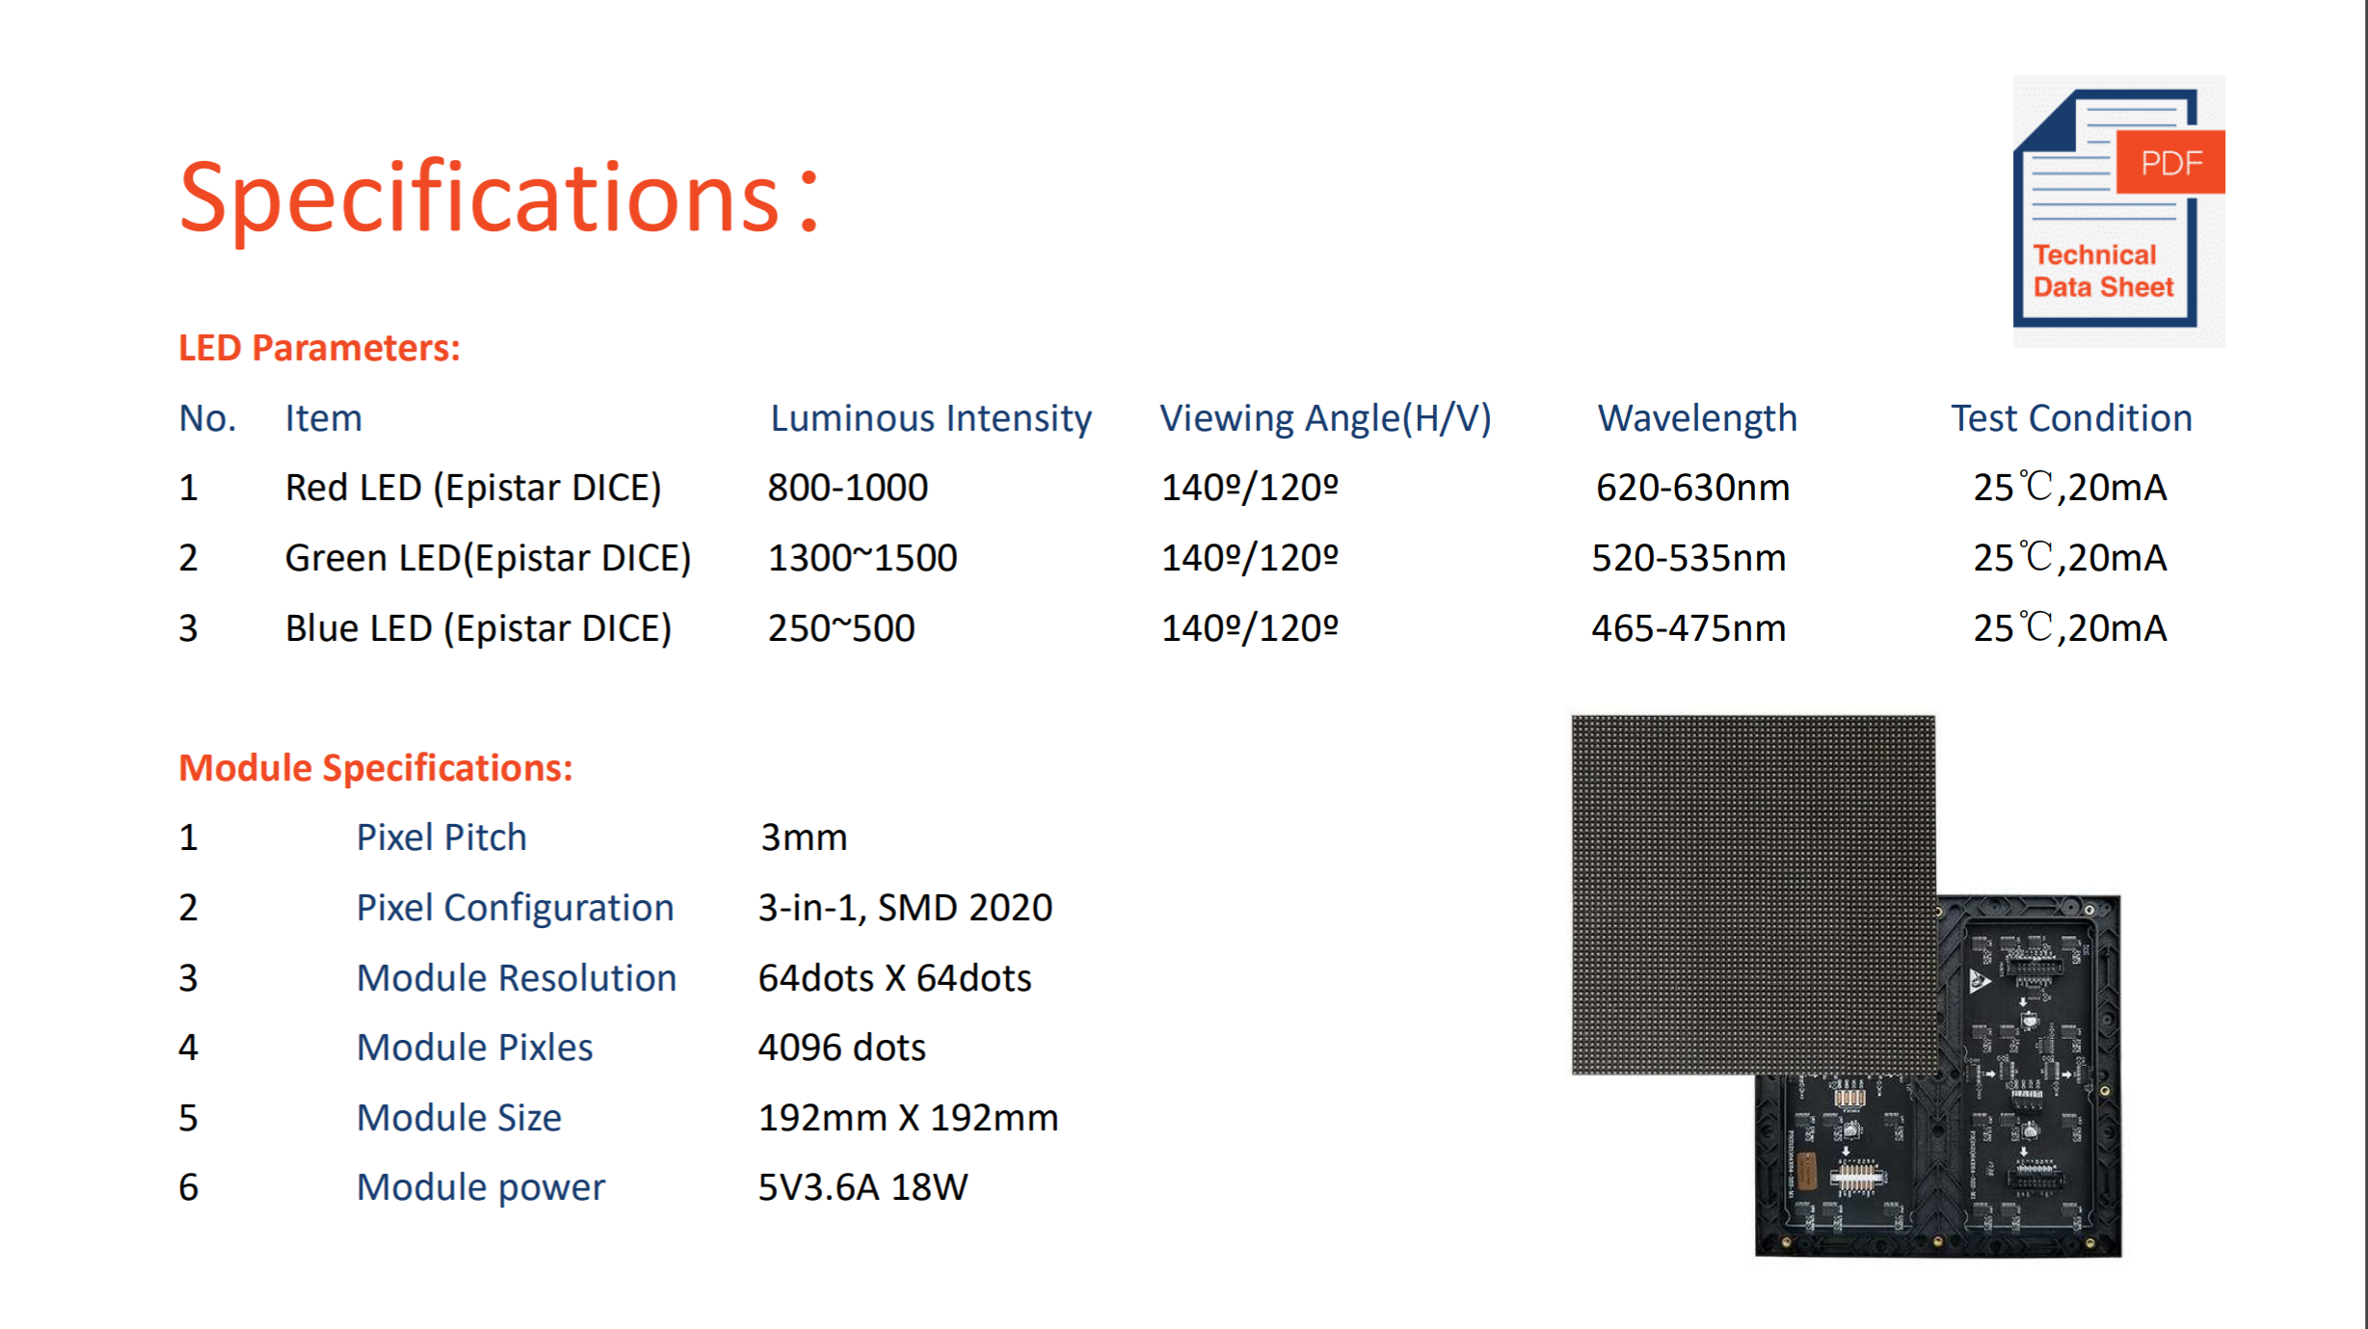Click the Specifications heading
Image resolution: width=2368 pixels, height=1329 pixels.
click(499, 198)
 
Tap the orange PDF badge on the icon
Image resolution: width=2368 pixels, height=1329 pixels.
click(2170, 162)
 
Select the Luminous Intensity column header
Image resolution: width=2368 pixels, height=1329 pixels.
click(931, 418)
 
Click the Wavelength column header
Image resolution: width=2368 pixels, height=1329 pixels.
click(1697, 418)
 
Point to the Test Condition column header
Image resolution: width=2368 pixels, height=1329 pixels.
click(2072, 418)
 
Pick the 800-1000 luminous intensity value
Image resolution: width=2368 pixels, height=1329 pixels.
click(848, 488)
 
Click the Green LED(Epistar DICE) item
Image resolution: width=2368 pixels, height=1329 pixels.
click(489, 558)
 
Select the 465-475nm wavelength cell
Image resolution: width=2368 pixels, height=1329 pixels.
click(1689, 628)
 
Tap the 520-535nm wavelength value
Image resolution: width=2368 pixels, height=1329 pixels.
click(1689, 558)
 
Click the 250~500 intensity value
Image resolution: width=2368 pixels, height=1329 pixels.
click(841, 628)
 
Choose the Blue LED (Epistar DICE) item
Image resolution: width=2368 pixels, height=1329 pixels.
click(478, 628)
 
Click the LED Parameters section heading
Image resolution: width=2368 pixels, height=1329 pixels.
click(320, 348)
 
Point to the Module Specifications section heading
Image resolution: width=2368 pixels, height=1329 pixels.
click(376, 768)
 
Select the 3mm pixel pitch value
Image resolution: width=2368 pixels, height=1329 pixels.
click(804, 837)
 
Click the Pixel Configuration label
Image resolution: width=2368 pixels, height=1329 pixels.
click(516, 908)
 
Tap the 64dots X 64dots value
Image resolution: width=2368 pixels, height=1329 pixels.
click(895, 978)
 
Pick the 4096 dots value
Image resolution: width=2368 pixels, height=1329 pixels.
click(842, 1048)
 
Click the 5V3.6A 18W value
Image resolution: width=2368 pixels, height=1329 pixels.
click(864, 1187)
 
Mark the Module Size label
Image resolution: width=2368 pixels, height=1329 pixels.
click(460, 1118)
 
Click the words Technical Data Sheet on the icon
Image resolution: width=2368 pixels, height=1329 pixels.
click(2103, 271)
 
